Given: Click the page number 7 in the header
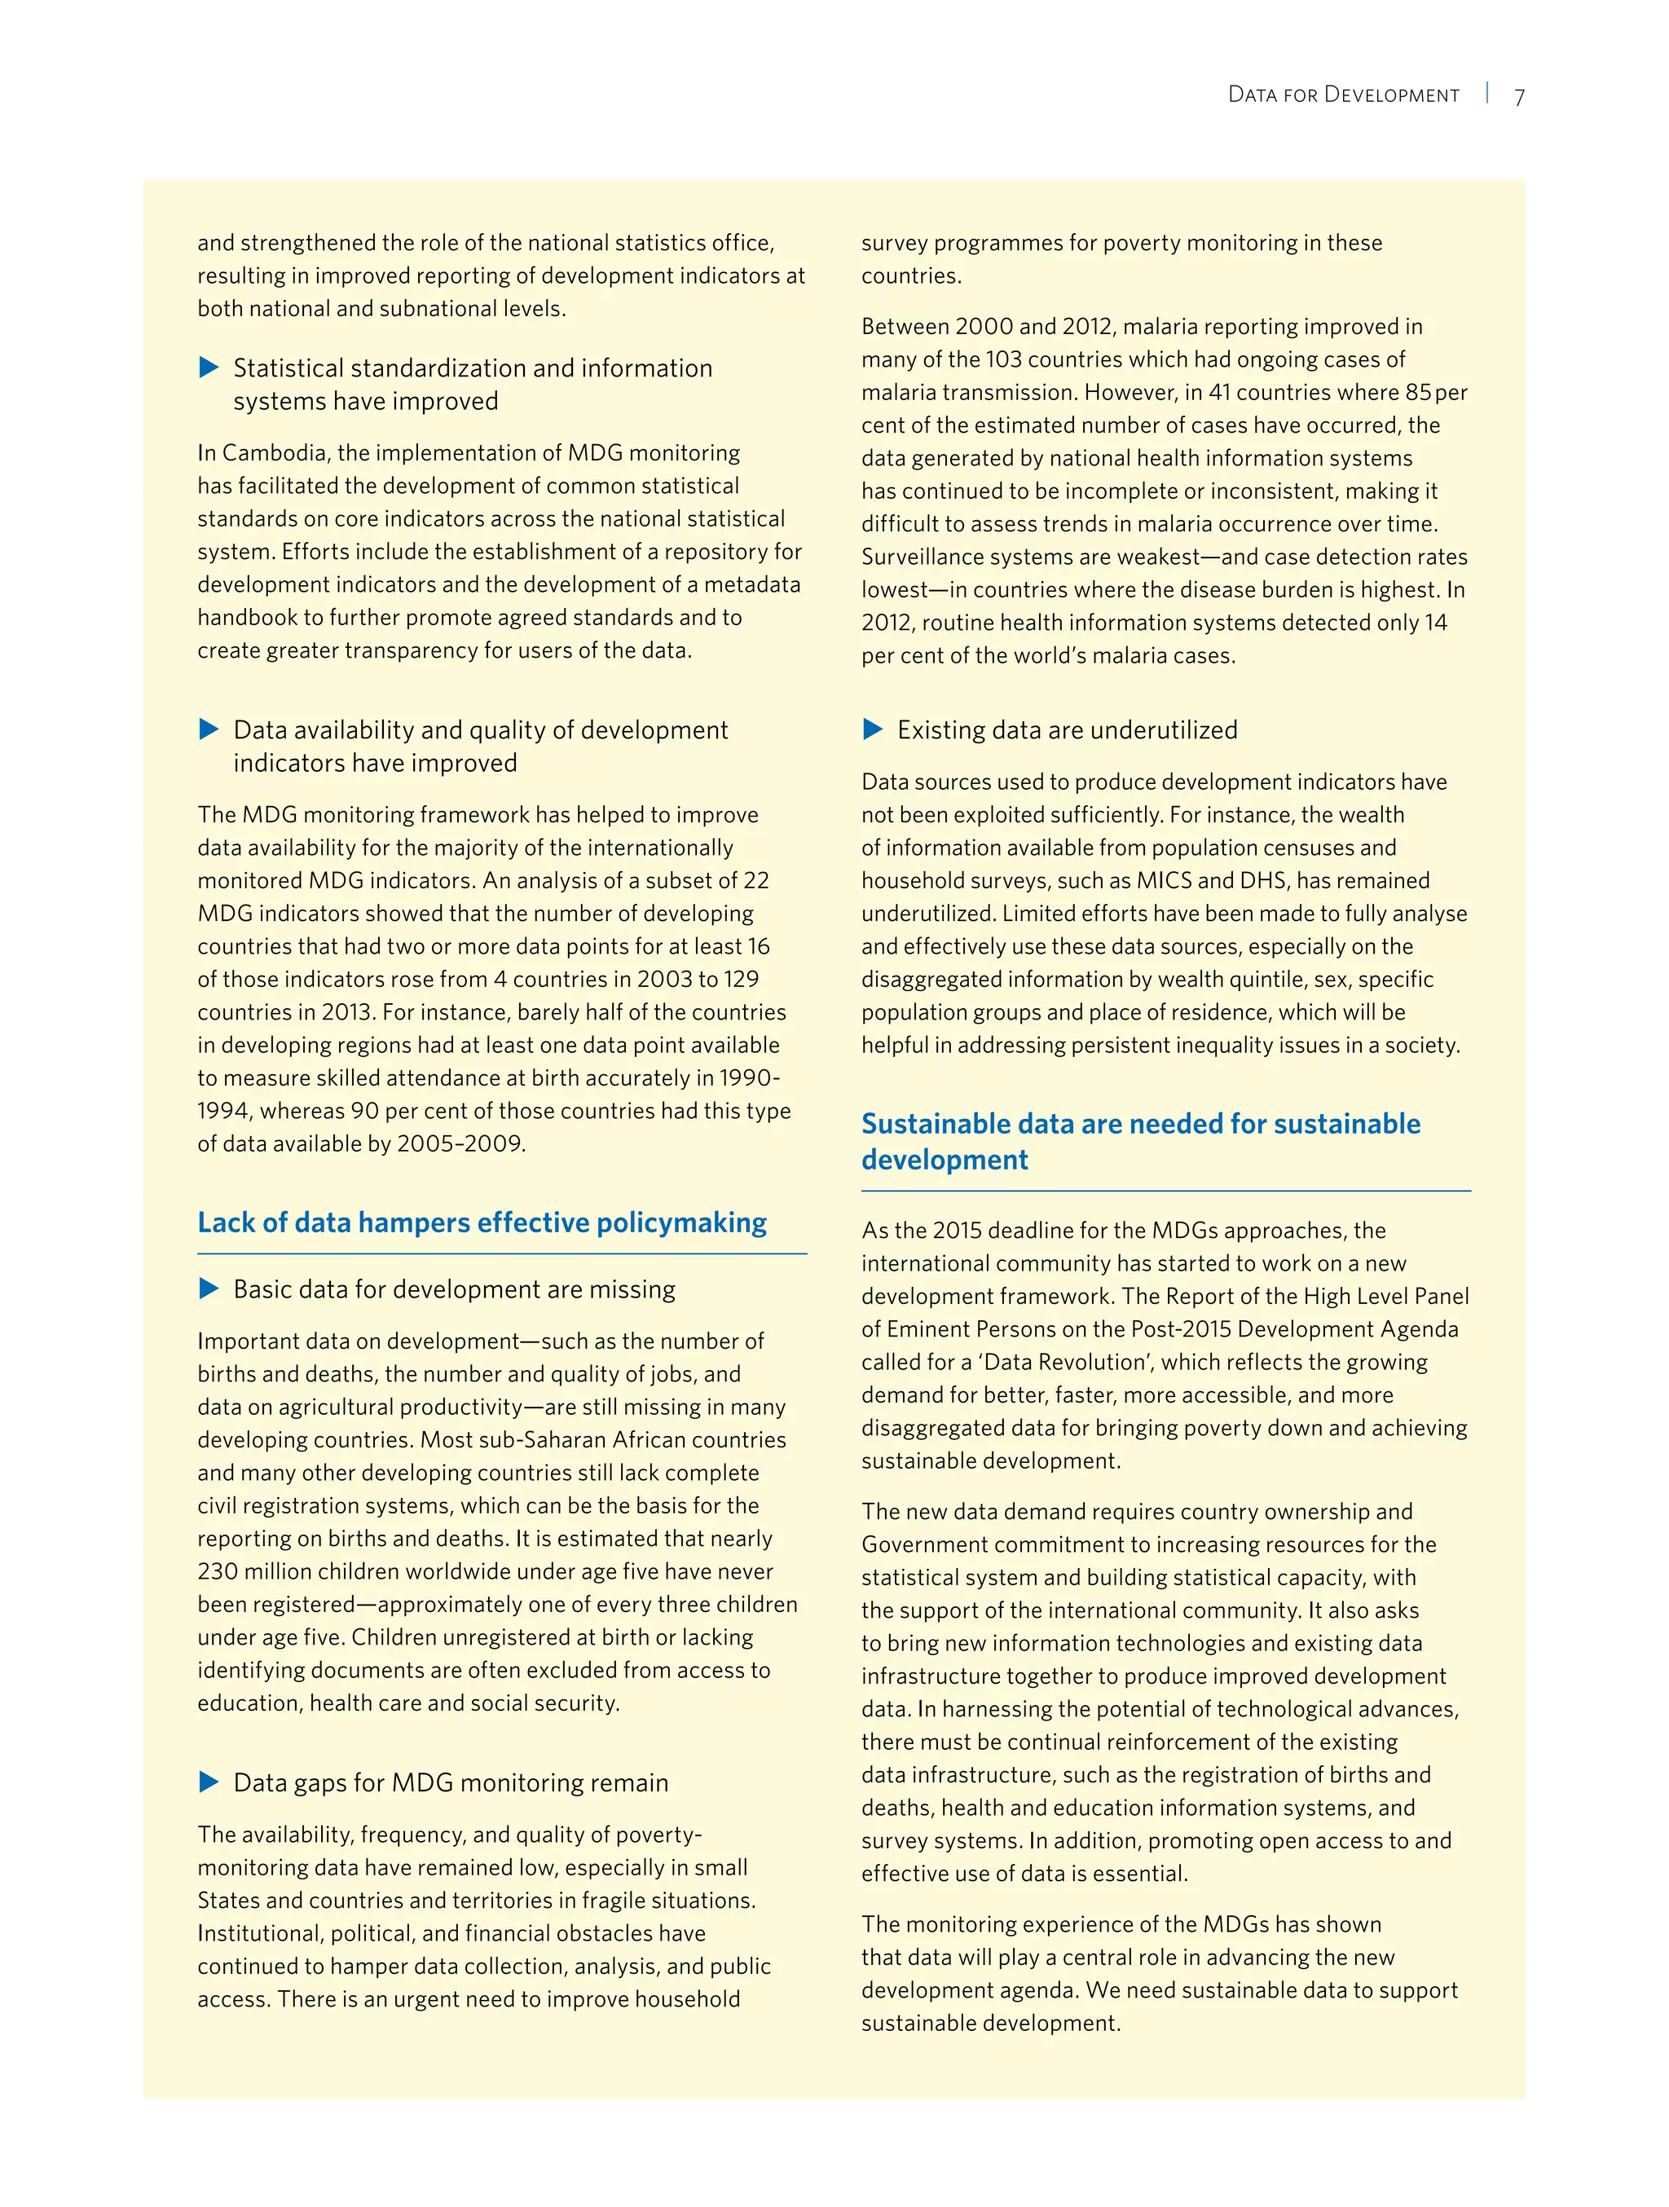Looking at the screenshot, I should tap(1519, 98).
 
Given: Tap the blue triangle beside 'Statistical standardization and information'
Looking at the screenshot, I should tap(209, 368).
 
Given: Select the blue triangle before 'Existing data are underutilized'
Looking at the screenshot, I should tap(873, 729).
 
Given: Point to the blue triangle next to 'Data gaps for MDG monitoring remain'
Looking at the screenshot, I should tap(209, 1782).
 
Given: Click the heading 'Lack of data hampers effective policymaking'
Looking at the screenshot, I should tap(482, 1223).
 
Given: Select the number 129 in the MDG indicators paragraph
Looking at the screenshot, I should tap(740, 979).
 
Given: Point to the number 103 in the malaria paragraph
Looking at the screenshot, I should tap(1002, 359).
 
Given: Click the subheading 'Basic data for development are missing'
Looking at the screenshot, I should tap(454, 1289).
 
